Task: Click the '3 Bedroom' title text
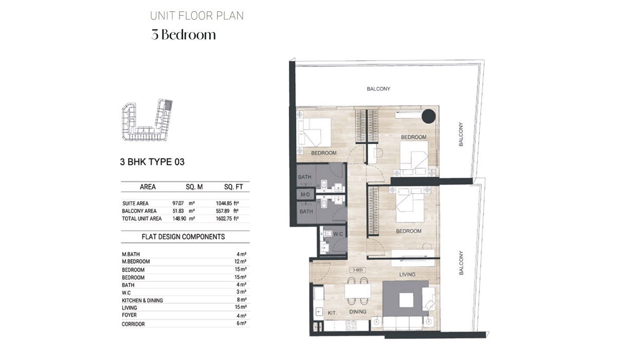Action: tap(184, 35)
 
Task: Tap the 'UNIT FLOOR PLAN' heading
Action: tap(197, 15)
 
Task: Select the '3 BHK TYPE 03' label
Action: tap(152, 162)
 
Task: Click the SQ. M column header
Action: tap(194, 187)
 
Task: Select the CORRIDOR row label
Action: tap(133, 324)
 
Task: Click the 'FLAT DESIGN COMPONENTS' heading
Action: tap(183, 237)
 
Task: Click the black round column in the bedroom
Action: tap(428, 117)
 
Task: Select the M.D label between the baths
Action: tap(305, 194)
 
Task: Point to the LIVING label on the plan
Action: tap(407, 275)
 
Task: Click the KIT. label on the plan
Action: tap(332, 312)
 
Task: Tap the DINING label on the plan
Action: tap(357, 312)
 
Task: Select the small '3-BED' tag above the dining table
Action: tap(358, 270)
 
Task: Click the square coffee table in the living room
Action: tap(406, 299)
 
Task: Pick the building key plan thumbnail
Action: tap(146, 121)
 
